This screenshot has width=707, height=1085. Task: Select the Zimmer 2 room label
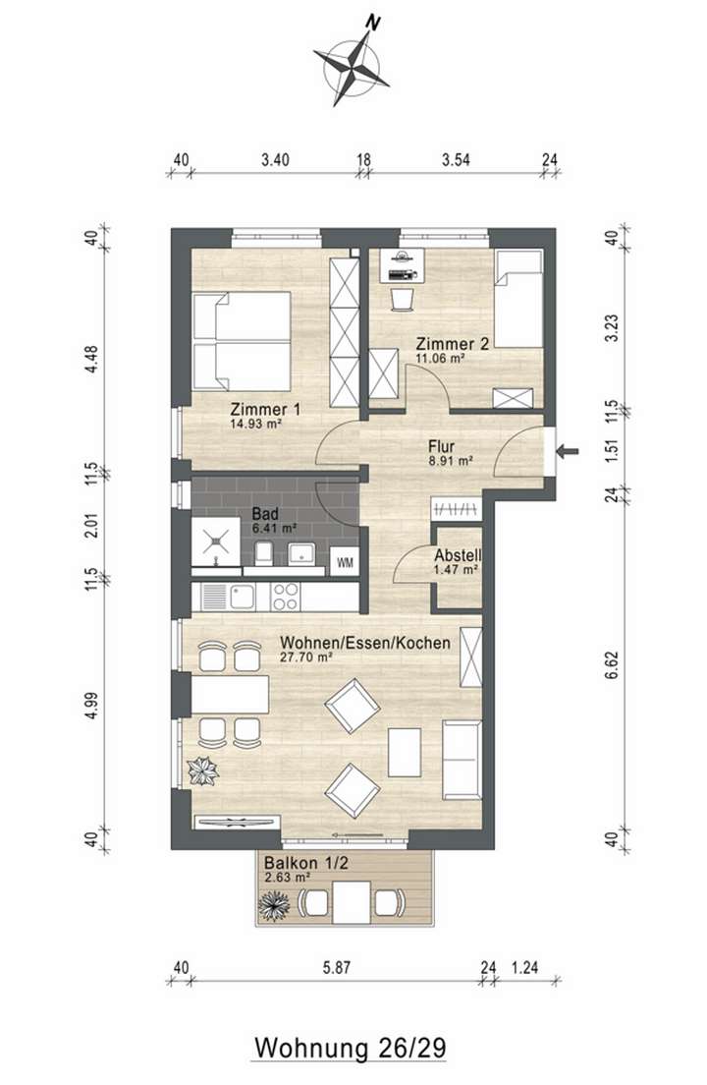pyautogui.click(x=452, y=344)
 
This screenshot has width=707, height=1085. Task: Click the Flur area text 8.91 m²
pyautogui.click(x=451, y=458)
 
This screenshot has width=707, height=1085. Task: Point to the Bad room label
pyautogui.click(x=265, y=513)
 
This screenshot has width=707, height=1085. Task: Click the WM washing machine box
pyautogui.click(x=345, y=562)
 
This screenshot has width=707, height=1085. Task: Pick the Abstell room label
pyautogui.click(x=456, y=553)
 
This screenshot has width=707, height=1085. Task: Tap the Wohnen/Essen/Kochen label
pyautogui.click(x=364, y=643)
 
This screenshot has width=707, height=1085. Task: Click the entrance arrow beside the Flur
pyautogui.click(x=569, y=452)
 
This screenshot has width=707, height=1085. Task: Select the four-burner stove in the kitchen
pyautogui.click(x=285, y=596)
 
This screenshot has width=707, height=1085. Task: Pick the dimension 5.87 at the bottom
pyautogui.click(x=336, y=967)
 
